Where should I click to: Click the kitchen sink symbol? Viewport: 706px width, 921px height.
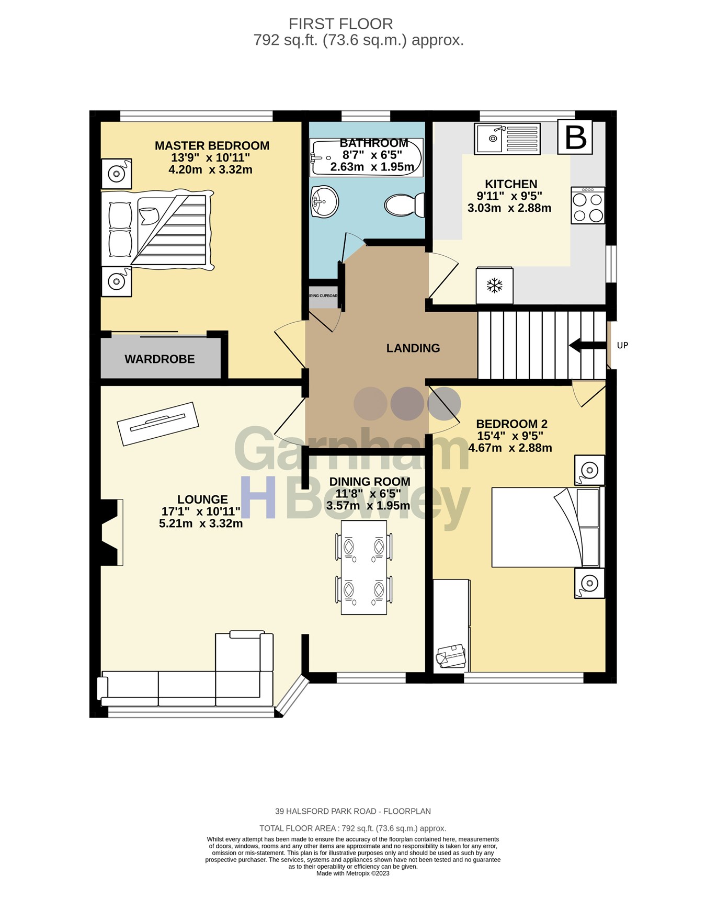[x=507, y=139]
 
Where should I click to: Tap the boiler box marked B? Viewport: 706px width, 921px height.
[x=575, y=138]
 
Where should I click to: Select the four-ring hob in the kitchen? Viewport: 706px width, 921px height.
[x=588, y=206]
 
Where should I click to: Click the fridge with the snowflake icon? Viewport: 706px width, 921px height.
[x=494, y=286]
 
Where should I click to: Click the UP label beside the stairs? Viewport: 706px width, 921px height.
[x=622, y=345]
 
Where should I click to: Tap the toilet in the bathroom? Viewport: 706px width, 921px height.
[x=405, y=204]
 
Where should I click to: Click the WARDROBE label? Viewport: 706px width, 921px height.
[x=160, y=359]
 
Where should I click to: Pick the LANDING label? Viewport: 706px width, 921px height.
[x=413, y=348]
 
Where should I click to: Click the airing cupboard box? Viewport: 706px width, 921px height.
[x=323, y=297]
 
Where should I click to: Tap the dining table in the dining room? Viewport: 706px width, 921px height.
[x=364, y=567]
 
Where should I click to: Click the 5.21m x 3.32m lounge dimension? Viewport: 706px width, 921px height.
[x=201, y=524]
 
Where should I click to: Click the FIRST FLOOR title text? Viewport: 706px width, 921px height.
[x=340, y=24]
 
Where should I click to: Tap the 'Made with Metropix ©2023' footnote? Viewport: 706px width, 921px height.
[x=352, y=873]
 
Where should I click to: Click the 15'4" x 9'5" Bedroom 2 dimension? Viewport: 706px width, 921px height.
[x=510, y=436]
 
